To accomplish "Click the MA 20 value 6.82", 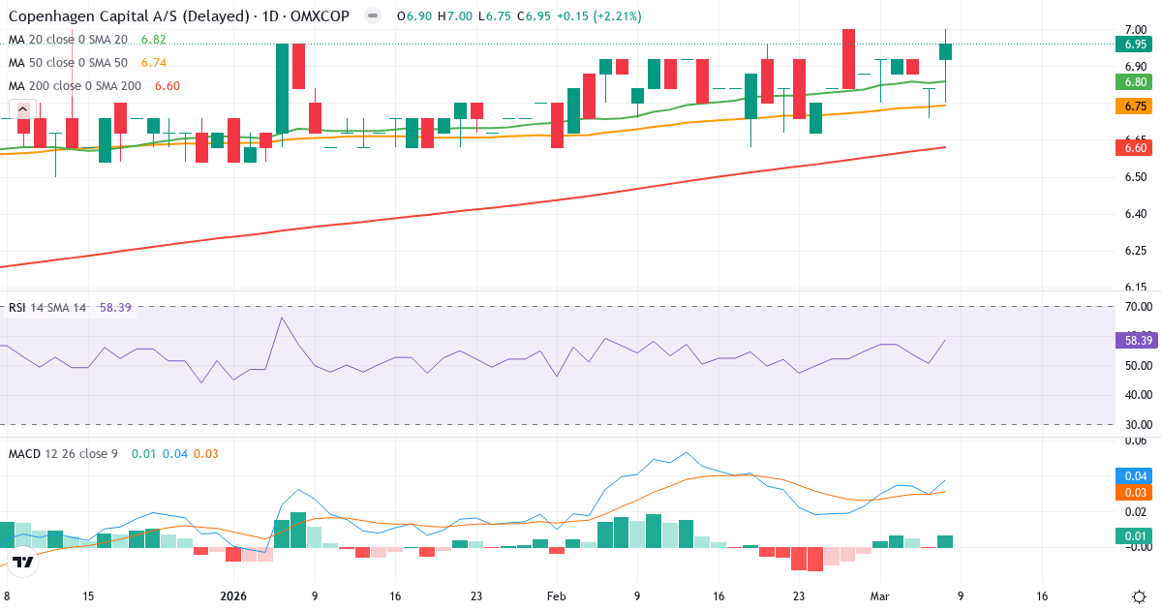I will pyautogui.click(x=153, y=40).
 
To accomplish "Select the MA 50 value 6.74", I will pyautogui.click(x=153, y=63).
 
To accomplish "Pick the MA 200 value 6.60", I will pyautogui.click(x=167, y=86).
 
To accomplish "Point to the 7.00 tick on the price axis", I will pyautogui.click(x=1136, y=30).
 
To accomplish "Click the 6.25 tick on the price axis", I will pyautogui.click(x=1136, y=251).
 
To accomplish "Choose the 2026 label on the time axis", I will pyautogui.click(x=234, y=597).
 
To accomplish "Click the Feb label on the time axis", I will pyautogui.click(x=556, y=597).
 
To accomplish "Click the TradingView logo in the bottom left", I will pyautogui.click(x=24, y=561).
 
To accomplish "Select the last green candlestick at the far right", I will pyautogui.click(x=945, y=51).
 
